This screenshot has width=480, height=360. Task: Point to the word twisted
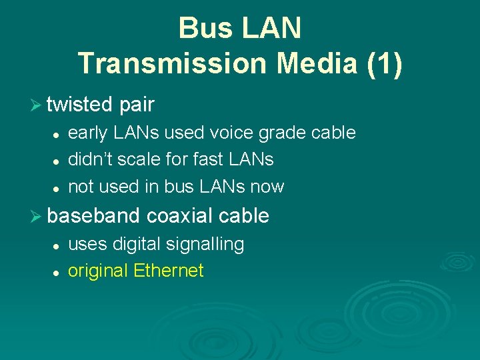pos(80,105)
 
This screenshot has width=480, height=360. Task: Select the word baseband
pos(93,216)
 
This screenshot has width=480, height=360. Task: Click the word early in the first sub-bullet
pos(87,133)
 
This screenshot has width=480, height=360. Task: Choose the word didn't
pos(89,160)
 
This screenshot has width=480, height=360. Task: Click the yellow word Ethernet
pos(168,271)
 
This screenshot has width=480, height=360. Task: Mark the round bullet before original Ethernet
pos(58,272)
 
